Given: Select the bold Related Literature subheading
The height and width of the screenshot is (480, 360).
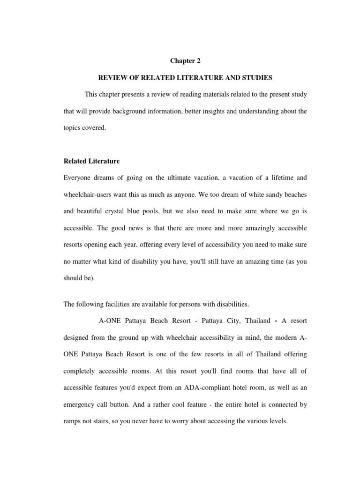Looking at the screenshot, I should tap(91, 161).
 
